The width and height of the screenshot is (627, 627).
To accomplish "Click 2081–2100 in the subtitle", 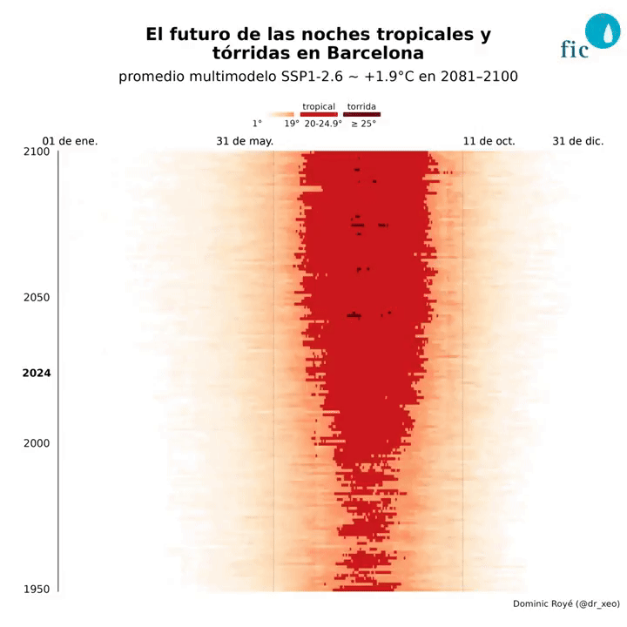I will (480, 77).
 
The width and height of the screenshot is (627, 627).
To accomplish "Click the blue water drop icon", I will (601, 31).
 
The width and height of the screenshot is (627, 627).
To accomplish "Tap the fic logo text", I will (575, 49).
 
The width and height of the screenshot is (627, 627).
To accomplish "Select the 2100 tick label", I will (36, 152).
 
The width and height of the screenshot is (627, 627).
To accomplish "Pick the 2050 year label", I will (36, 298).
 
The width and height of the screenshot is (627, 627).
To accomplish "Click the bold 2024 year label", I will (36, 374).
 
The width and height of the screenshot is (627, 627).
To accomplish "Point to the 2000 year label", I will (36, 443).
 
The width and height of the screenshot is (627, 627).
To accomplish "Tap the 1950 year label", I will (36, 590).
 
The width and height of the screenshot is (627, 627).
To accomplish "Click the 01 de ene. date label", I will (70, 141).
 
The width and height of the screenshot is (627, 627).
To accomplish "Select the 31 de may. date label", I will (245, 141).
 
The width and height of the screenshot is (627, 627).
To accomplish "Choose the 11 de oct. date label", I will (489, 141).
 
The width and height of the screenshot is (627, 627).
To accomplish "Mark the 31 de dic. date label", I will (578, 141).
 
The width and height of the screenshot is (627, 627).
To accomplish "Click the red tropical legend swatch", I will (319, 114).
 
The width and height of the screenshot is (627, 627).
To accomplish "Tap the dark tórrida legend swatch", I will (361, 114).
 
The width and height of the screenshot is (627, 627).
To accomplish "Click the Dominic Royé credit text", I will (566, 603).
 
